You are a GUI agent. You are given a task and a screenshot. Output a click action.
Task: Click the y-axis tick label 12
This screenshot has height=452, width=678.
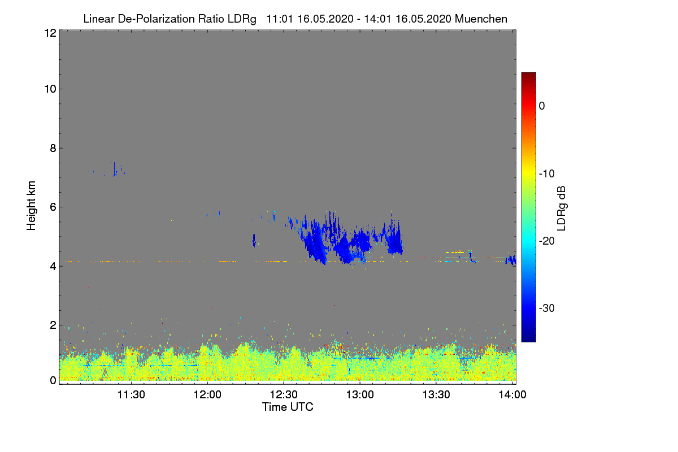pyautogui.click(x=49, y=33)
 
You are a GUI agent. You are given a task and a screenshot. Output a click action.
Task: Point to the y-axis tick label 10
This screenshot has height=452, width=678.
pyautogui.click(x=49, y=89)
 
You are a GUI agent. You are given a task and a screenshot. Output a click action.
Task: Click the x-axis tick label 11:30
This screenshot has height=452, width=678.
pyautogui.click(x=131, y=395)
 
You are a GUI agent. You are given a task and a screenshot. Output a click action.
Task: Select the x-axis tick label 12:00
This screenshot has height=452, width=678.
pyautogui.click(x=207, y=395)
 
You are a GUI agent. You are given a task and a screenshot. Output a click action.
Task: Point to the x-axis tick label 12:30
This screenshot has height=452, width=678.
pyautogui.click(x=284, y=395)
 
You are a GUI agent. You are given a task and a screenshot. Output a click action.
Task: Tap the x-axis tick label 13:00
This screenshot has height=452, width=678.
pyautogui.click(x=360, y=395)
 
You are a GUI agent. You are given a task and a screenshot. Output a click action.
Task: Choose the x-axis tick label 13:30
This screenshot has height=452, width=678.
pyautogui.click(x=436, y=395)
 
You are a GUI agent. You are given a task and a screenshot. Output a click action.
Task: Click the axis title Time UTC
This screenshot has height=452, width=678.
pyautogui.click(x=288, y=407)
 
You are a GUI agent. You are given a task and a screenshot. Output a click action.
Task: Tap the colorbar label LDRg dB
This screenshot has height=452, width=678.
pyautogui.click(x=562, y=207)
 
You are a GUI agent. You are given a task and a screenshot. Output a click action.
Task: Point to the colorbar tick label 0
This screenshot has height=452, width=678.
pyautogui.click(x=542, y=106)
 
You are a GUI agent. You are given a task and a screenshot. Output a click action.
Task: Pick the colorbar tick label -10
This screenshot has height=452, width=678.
pyautogui.click(x=547, y=173)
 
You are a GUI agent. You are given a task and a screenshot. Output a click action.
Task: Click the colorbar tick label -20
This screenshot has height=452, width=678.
pyautogui.click(x=547, y=241)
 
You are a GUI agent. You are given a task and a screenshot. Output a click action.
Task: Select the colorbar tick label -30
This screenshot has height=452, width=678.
pyautogui.click(x=547, y=308)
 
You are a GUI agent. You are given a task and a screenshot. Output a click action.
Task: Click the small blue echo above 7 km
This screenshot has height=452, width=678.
pyautogui.click(x=115, y=168)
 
